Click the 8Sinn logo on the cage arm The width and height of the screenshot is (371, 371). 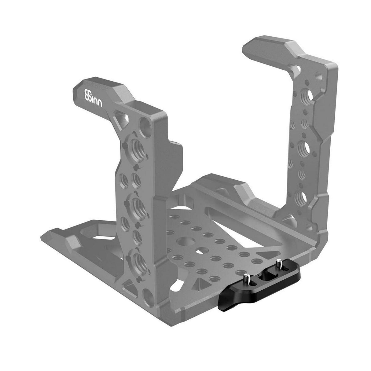point(93,98)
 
